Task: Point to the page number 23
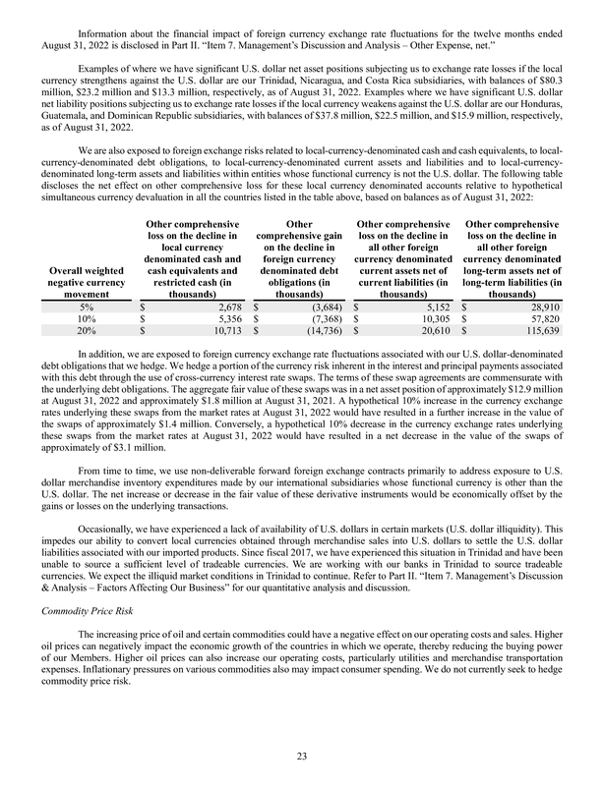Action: [x=302, y=755]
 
